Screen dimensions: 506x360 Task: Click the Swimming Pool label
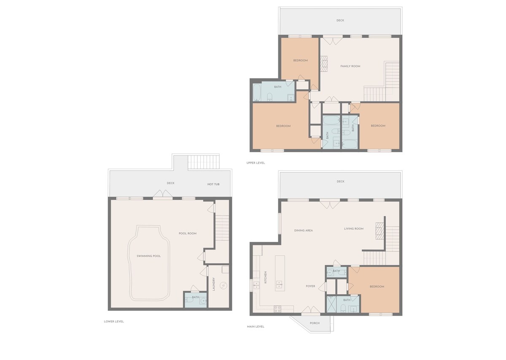pyautogui.click(x=148, y=256)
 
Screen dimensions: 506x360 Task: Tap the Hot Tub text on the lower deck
pyautogui.click(x=213, y=184)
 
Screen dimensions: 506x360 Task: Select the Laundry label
pyautogui.click(x=214, y=284)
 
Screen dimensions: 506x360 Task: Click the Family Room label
pyautogui.click(x=350, y=66)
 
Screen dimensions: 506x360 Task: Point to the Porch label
pyautogui.click(x=315, y=323)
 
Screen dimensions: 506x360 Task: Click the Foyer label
pyautogui.click(x=310, y=286)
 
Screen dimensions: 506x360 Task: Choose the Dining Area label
pyautogui.click(x=303, y=231)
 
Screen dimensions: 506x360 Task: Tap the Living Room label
pyautogui.click(x=354, y=229)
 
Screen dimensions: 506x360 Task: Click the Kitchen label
pyautogui.click(x=265, y=277)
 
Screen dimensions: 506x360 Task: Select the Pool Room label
pyautogui.click(x=188, y=234)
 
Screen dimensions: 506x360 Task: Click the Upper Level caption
pyautogui.click(x=256, y=163)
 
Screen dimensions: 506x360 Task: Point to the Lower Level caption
pyautogui.click(x=113, y=321)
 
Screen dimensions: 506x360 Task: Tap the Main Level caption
pyautogui.click(x=256, y=327)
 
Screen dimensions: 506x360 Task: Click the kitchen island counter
pyautogui.click(x=280, y=273)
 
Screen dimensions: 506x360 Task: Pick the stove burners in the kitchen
pyautogui.click(x=277, y=309)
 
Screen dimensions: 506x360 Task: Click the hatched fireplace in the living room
pyautogui.click(x=380, y=231)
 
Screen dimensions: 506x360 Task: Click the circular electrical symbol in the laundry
pyautogui.click(x=223, y=286)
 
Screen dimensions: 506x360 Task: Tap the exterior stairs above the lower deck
pyautogui.click(x=204, y=162)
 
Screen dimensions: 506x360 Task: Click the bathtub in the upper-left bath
pyautogui.click(x=257, y=92)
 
